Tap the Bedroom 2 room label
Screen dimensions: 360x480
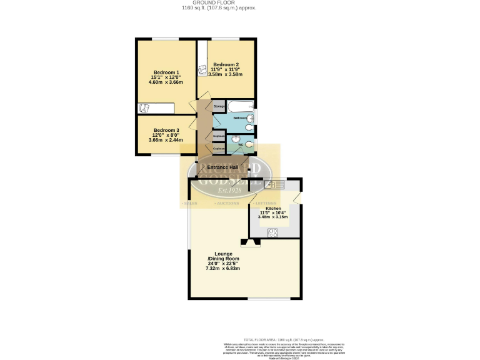(226, 64)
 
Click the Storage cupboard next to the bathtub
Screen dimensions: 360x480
(219, 107)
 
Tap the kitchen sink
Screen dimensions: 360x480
(273, 184)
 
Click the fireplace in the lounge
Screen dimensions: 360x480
(251, 242)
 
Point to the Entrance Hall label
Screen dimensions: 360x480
(222, 167)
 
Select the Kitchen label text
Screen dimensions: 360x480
(273, 208)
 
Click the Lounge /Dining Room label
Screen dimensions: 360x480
(224, 256)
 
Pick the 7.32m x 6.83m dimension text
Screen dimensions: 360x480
(224, 268)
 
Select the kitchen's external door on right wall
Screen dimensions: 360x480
(299, 198)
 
